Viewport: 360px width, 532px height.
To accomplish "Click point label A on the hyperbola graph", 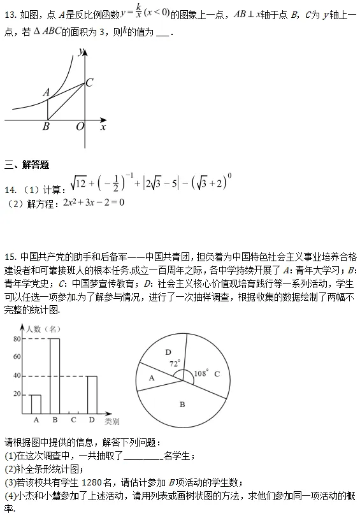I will (x=45, y=92).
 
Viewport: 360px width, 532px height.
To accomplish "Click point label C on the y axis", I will (x=90, y=82).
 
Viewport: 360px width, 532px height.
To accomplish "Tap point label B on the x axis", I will (x=46, y=127).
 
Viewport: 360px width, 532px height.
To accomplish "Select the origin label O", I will (x=80, y=127).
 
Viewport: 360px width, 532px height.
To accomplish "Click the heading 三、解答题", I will (x=27, y=165).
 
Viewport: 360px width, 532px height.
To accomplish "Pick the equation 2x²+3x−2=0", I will (x=93, y=203).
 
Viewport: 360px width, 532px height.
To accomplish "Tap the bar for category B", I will (x=55, y=376).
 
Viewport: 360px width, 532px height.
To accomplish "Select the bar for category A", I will (x=36, y=404).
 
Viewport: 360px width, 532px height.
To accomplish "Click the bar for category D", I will (x=92, y=395).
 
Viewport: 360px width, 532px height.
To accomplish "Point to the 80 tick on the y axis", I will (x=16, y=339).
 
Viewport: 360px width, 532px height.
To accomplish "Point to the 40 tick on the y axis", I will (x=16, y=376).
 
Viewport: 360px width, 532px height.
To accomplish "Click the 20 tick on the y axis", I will (x=16, y=395).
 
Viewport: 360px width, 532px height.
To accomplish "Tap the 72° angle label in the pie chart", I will (x=175, y=364).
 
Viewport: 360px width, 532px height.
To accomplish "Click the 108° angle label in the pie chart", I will (x=201, y=373).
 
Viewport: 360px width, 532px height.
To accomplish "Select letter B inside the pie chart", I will (x=182, y=404).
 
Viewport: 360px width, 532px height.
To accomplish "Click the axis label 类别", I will (x=112, y=421).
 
